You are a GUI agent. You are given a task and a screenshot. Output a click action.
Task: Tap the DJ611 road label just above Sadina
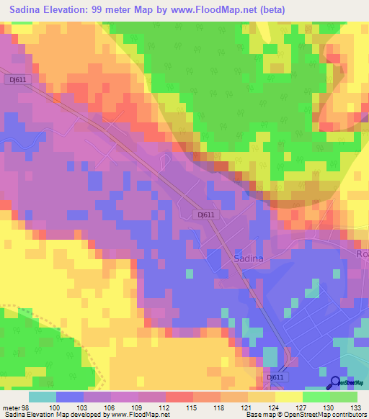coord(206,215)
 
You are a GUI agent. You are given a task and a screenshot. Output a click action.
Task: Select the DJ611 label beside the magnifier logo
coord(275,377)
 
